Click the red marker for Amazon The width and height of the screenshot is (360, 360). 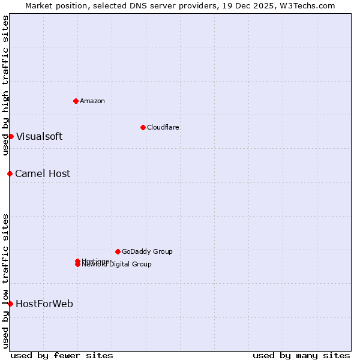pyautogui.click(x=76, y=101)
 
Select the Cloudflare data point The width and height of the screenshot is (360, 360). pyautogui.click(x=143, y=127)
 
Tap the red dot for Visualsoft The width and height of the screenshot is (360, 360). pyautogui.click(x=11, y=136)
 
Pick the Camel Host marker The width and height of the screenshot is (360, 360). pyautogui.click(x=10, y=173)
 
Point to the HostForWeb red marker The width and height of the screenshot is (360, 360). pyautogui.click(x=10, y=304)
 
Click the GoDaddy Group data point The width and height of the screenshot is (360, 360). pyautogui.click(x=118, y=251)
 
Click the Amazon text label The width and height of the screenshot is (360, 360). pyautogui.click(x=92, y=101)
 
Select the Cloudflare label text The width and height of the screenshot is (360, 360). pyautogui.click(x=163, y=127)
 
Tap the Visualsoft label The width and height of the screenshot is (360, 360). pyautogui.click(x=39, y=136)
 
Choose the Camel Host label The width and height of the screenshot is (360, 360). pyautogui.click(x=43, y=173)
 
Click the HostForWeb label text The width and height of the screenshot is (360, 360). pyautogui.click(x=44, y=304)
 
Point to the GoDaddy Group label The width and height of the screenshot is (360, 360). pyautogui.click(x=147, y=251)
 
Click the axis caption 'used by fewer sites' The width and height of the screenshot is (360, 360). pyautogui.click(x=62, y=355)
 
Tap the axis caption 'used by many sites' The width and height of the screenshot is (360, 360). pyautogui.click(x=301, y=355)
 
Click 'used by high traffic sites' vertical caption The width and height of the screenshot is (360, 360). pyautogui.click(x=5, y=85)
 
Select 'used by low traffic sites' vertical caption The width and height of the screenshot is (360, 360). pyautogui.click(x=5, y=281)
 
